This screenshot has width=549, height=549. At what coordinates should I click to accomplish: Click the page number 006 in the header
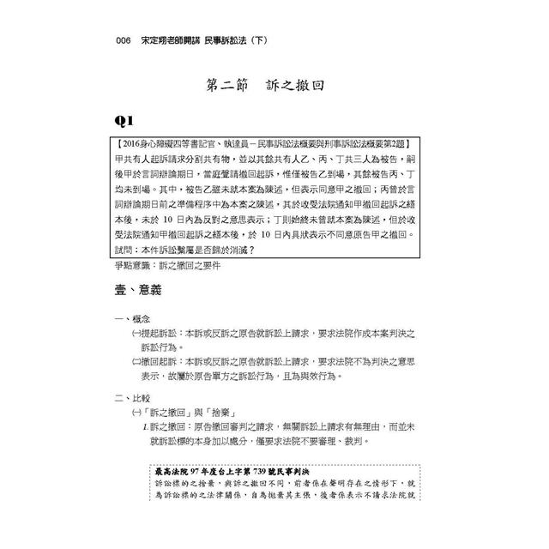pyautogui.click(x=112, y=43)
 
